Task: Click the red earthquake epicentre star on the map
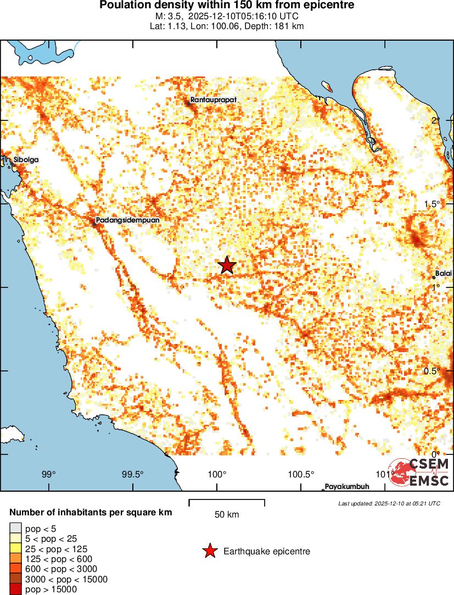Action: point(227,265)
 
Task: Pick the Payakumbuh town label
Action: point(346,486)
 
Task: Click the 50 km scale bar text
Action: point(227,515)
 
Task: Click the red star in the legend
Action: point(209,551)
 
